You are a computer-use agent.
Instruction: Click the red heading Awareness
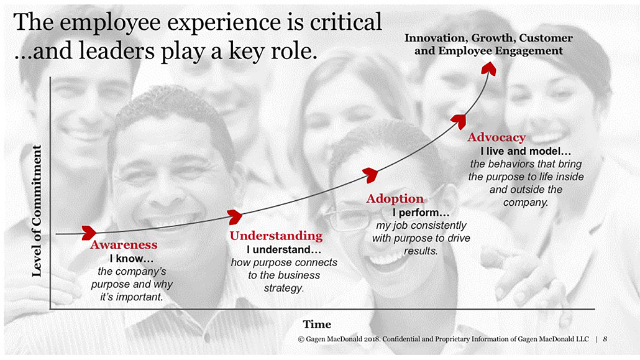pyautogui.click(x=124, y=245)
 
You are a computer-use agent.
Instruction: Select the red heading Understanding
pyautogui.click(x=276, y=236)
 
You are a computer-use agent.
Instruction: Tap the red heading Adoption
pyautogui.click(x=395, y=198)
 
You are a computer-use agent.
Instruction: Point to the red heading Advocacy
pyautogui.click(x=496, y=137)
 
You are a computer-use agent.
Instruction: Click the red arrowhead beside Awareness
pyautogui.click(x=89, y=233)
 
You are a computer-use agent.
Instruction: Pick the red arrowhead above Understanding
pyautogui.click(x=235, y=217)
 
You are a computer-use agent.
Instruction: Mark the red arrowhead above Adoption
pyautogui.click(x=370, y=175)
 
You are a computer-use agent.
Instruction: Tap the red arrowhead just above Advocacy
pyautogui.click(x=459, y=122)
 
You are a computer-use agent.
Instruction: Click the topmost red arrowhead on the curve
pyautogui.click(x=488, y=68)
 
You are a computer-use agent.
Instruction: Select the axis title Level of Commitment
pyautogui.click(x=37, y=211)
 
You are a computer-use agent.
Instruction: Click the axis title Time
pyautogui.click(x=317, y=325)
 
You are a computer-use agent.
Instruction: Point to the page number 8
pyautogui.click(x=605, y=339)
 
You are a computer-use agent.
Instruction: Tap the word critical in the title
pyautogui.click(x=345, y=22)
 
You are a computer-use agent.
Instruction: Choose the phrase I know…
pyautogui.click(x=132, y=259)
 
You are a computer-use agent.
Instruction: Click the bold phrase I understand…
pyautogui.click(x=284, y=250)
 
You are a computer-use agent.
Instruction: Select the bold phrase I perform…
pyautogui.click(x=421, y=213)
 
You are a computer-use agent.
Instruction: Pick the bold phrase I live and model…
pyautogui.click(x=525, y=152)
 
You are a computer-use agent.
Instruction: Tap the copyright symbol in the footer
pyautogui.click(x=301, y=339)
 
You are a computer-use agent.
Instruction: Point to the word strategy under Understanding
pyautogui.click(x=283, y=288)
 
